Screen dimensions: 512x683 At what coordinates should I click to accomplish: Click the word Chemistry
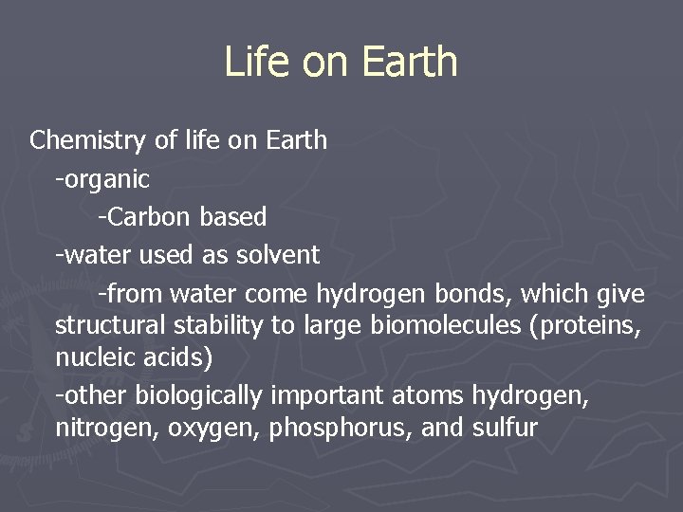pyautogui.click(x=88, y=141)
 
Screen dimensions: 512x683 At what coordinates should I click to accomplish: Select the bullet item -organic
pyautogui.click(x=102, y=179)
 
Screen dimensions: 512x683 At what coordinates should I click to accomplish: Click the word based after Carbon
pyautogui.click(x=233, y=217)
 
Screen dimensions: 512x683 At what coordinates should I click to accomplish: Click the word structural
pyautogui.click(x=105, y=326)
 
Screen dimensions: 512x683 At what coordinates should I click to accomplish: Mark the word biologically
pyautogui.click(x=200, y=394)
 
